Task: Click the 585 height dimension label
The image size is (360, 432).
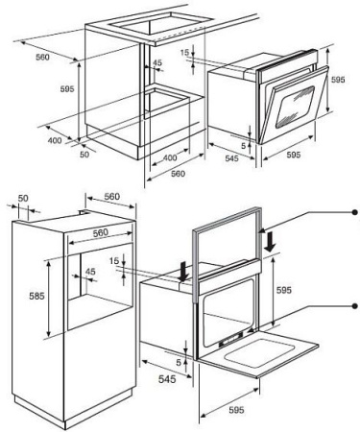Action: pyautogui.click(x=36, y=296)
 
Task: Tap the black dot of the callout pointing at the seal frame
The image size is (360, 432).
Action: pyautogui.click(x=354, y=212)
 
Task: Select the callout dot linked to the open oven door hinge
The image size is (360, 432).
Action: pyautogui.click(x=354, y=306)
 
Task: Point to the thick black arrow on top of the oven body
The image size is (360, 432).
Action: pyautogui.click(x=183, y=272)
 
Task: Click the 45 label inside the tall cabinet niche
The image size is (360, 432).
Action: pyautogui.click(x=90, y=272)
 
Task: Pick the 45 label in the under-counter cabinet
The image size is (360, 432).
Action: pyautogui.click(x=157, y=62)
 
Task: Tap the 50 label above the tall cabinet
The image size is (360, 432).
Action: pyautogui.click(x=23, y=198)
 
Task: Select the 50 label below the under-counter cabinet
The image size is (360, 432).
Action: pyautogui.click(x=84, y=155)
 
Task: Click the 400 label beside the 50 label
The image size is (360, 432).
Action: pyautogui.click(x=55, y=140)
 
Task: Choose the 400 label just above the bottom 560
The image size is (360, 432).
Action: pyautogui.click(x=170, y=157)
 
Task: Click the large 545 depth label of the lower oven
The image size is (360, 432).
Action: pyautogui.click(x=167, y=379)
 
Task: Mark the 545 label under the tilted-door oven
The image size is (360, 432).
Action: pyautogui.click(x=231, y=158)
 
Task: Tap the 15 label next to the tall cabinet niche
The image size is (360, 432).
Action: pyautogui.click(x=114, y=261)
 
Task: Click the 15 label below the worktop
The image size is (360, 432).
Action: pyautogui.click(x=185, y=53)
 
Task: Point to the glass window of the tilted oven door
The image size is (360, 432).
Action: pyautogui.click(x=295, y=108)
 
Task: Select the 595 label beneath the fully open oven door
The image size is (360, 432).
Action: pyautogui.click(x=236, y=410)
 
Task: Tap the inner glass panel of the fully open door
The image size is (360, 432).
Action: pyautogui.click(x=260, y=353)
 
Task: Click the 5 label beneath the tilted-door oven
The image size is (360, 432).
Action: pyautogui.click(x=244, y=146)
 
